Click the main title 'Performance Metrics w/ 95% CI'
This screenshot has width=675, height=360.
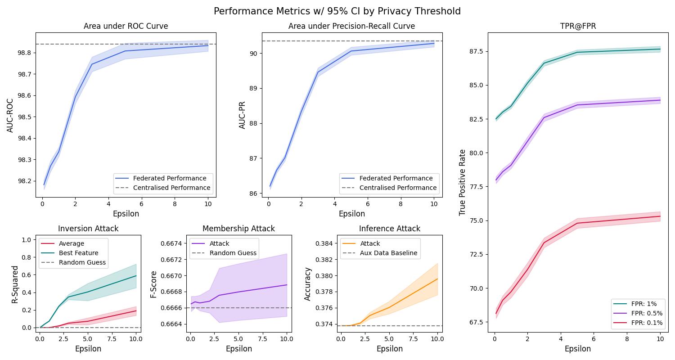pos(337,11)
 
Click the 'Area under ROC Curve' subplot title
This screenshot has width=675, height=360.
pos(126,26)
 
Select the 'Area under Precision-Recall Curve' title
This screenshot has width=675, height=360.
pos(351,26)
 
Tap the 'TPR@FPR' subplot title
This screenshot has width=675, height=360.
pos(577,26)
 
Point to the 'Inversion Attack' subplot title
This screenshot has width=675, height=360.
pos(88,229)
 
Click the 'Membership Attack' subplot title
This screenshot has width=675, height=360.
pos(238,229)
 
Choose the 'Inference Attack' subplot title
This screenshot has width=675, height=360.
pos(389,229)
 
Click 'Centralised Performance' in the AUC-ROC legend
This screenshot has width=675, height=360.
pos(171,188)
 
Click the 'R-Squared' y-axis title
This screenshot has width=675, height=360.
pos(15,284)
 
